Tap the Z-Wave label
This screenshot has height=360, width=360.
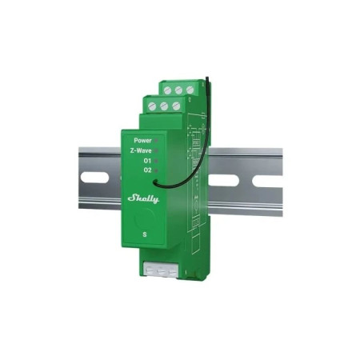click(140, 150)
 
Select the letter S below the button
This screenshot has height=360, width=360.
click(144, 234)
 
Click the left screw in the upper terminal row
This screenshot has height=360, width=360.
click(166, 89)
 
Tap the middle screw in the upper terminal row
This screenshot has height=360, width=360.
click(178, 89)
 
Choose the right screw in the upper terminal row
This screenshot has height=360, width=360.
click(189, 89)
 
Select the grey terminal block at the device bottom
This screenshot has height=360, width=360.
click(158, 271)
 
